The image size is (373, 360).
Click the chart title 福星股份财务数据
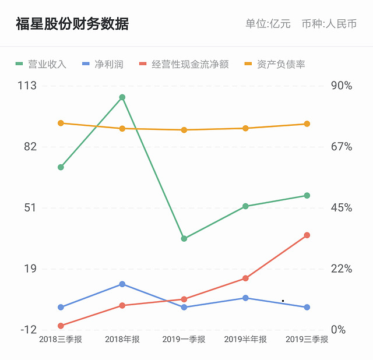[x=72, y=24]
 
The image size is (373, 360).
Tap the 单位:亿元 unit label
[x=268, y=24]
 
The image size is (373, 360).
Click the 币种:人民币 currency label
[x=329, y=24]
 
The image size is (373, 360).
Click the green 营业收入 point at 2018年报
[x=122, y=97]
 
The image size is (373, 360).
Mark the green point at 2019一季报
[x=184, y=238]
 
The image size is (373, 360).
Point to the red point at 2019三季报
[x=307, y=235]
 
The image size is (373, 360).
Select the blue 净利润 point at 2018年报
[x=122, y=284]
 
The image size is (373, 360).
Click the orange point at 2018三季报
[x=61, y=123]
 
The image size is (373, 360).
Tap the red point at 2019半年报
[x=245, y=278]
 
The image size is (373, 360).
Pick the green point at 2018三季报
[x=61, y=167]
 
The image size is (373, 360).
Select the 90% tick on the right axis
[x=342, y=86]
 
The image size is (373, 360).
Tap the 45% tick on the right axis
[x=342, y=208]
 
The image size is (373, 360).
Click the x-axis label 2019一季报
[x=184, y=340]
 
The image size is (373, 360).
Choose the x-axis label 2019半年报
[x=245, y=340]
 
